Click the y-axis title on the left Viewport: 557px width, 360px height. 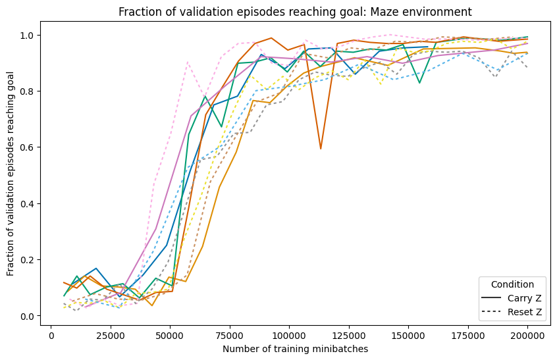tap(11, 175)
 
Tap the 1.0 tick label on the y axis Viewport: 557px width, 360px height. tap(33, 35)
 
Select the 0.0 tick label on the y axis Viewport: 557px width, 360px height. tap(33, 317)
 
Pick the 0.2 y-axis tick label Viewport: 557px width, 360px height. tap(33, 260)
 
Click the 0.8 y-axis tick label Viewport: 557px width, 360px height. tap(33, 91)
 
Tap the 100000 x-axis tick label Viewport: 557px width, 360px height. tap(288, 334)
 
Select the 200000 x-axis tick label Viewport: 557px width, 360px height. tap(527, 334)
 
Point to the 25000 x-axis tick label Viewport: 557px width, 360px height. tap(111, 334)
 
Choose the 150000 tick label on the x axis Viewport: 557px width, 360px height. tap(408, 334)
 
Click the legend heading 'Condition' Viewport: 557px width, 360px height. tap(512, 285)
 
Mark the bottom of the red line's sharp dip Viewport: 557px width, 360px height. tap(321, 149)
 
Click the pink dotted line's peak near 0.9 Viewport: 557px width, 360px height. tap(188, 62)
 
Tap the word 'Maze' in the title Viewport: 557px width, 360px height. tap(393, 11)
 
